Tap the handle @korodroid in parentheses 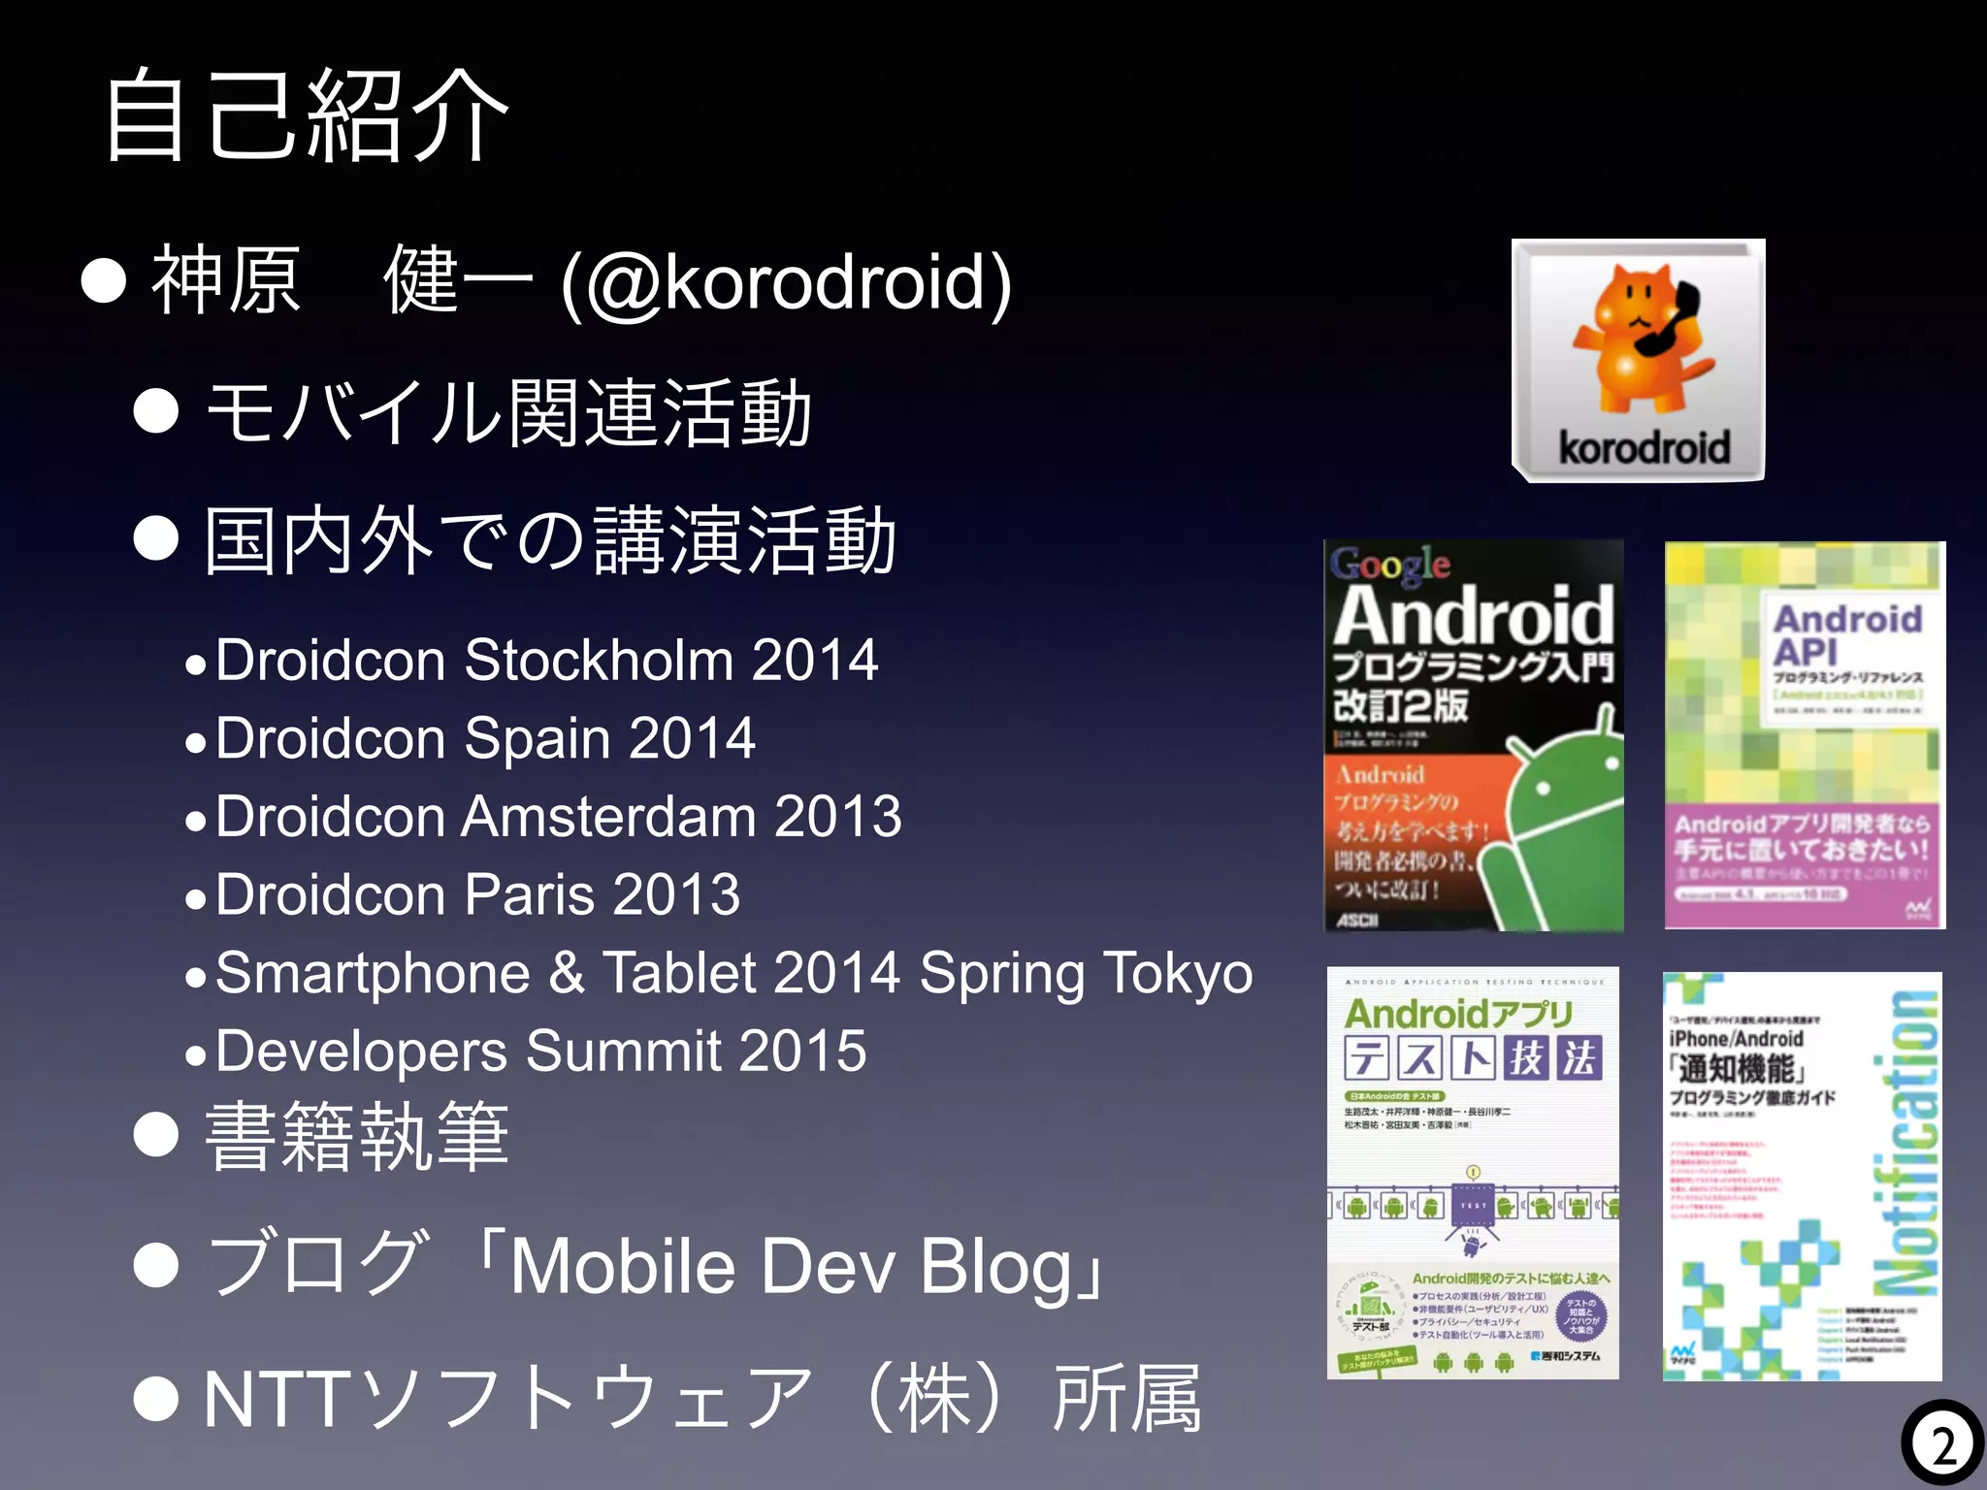coord(786,282)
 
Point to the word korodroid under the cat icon coord(1644,448)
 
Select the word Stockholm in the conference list coord(599,661)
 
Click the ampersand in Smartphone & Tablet coord(567,973)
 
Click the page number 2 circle coord(1942,1446)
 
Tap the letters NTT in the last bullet coord(275,1400)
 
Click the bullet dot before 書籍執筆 coord(156,1135)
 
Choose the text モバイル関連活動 coord(508,413)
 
